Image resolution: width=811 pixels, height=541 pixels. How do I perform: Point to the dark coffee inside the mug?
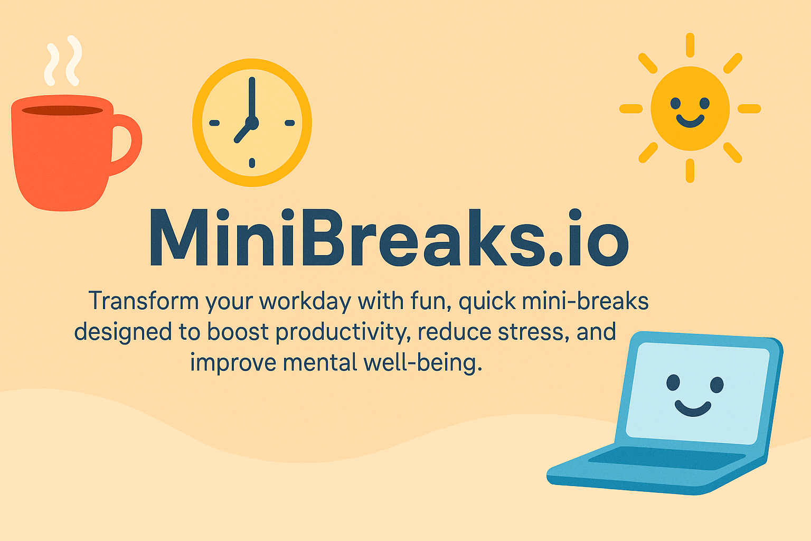tap(62, 110)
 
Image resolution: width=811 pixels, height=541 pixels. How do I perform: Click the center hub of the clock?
tap(252, 123)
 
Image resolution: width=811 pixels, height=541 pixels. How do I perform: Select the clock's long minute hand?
tap(252, 98)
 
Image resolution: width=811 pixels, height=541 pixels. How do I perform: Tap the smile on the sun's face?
tap(690, 121)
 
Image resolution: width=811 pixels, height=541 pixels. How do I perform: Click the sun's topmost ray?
tap(690, 45)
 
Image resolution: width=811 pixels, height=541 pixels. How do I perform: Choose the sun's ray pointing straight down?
tap(690, 171)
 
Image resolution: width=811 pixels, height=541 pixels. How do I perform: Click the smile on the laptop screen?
tap(693, 408)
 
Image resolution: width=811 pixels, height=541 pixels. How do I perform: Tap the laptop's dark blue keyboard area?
tap(665, 458)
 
